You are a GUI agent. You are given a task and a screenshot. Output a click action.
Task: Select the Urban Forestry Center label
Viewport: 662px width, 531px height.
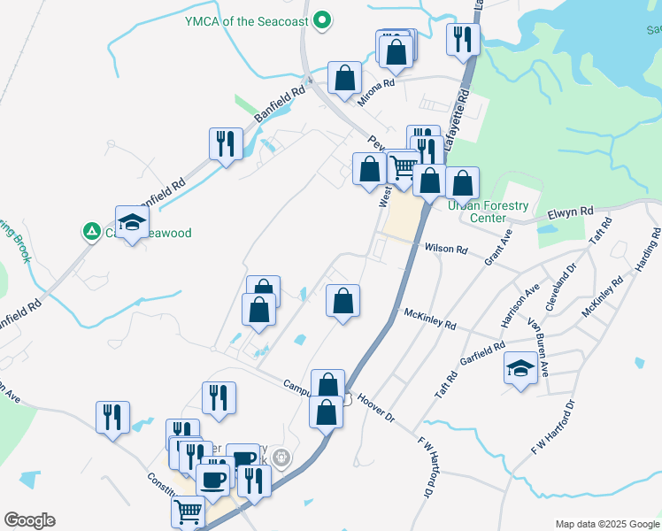[x=489, y=212]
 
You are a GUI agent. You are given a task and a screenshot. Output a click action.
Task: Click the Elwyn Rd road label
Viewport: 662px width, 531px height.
[x=569, y=213]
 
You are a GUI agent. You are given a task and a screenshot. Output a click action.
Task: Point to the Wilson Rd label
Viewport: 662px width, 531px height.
[x=445, y=250]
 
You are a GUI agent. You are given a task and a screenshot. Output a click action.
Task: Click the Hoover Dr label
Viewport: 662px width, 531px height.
[x=376, y=408]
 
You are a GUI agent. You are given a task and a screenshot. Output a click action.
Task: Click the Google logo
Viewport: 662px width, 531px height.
[x=29, y=520]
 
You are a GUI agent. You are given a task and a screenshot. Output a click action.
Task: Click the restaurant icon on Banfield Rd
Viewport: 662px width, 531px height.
[x=226, y=144]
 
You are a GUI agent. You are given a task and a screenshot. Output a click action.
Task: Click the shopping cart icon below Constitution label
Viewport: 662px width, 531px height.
[x=188, y=512]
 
